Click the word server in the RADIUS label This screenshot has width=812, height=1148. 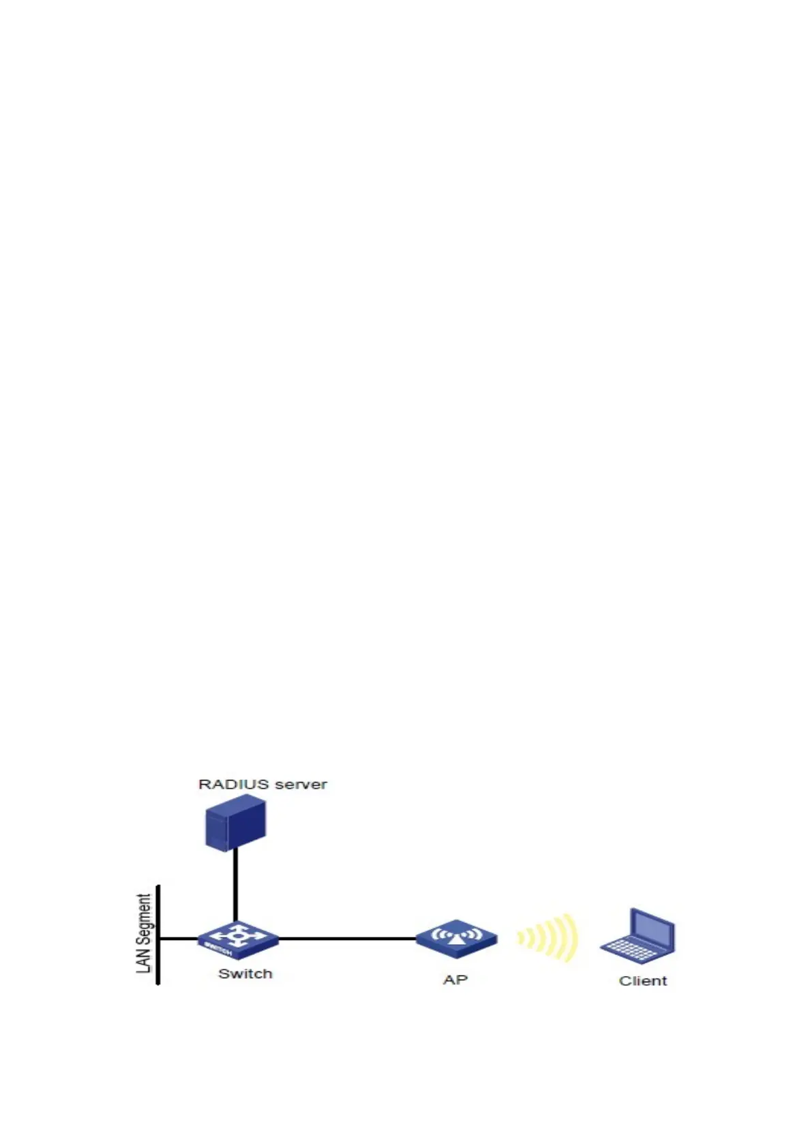(x=301, y=784)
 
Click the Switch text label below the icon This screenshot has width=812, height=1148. (x=245, y=973)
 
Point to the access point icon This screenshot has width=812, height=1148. (x=456, y=939)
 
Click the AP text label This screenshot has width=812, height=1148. (x=455, y=980)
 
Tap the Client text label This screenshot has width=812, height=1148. (x=642, y=981)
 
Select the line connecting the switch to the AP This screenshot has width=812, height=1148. (x=348, y=939)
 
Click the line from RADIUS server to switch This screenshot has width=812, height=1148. (x=235, y=886)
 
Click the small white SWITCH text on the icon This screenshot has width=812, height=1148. (x=219, y=949)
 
